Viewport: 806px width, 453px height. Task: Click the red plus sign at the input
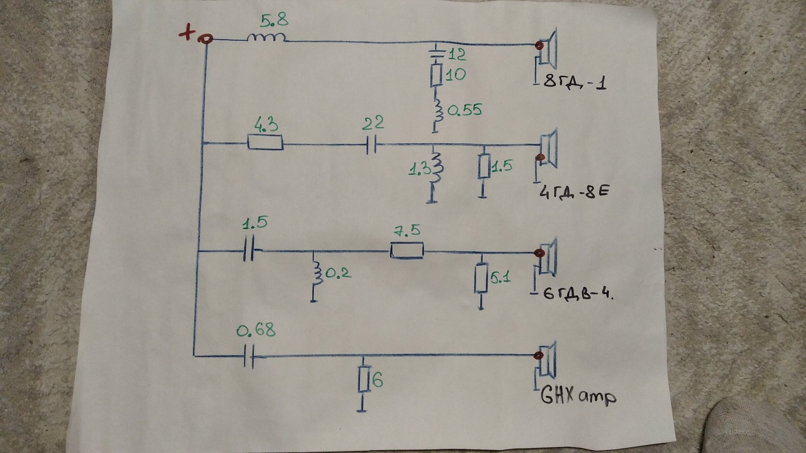point(187,34)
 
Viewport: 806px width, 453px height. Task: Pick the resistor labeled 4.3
point(265,144)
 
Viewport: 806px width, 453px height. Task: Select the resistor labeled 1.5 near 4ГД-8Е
point(484,166)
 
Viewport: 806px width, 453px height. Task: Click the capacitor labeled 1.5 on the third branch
point(250,252)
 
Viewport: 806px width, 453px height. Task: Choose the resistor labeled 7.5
point(407,251)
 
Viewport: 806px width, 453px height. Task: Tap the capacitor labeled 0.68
point(250,357)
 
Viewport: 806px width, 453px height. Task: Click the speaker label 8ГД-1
point(574,84)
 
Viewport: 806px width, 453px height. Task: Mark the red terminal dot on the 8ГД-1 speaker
point(538,46)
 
